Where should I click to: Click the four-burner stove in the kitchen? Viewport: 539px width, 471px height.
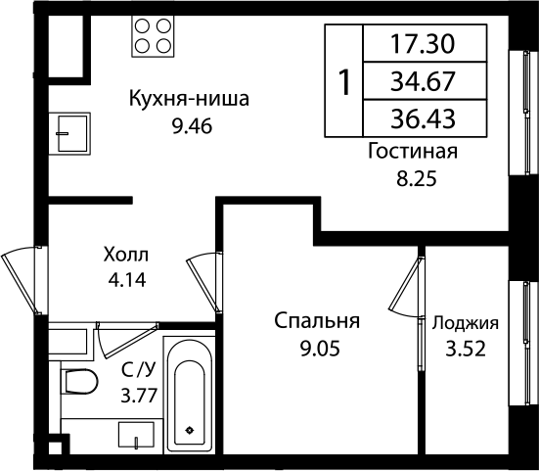153,36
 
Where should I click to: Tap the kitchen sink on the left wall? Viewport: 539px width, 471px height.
70,127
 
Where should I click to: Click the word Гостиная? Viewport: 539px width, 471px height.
413,152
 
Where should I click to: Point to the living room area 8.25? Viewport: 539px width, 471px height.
413,179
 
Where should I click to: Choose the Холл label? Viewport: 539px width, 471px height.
127,254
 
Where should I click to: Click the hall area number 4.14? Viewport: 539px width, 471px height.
127,279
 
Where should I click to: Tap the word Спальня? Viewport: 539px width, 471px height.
317,321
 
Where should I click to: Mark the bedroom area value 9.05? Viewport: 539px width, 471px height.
317,348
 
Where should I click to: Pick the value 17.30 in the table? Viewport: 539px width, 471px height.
423,43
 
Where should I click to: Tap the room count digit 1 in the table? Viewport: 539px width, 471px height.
344,81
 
